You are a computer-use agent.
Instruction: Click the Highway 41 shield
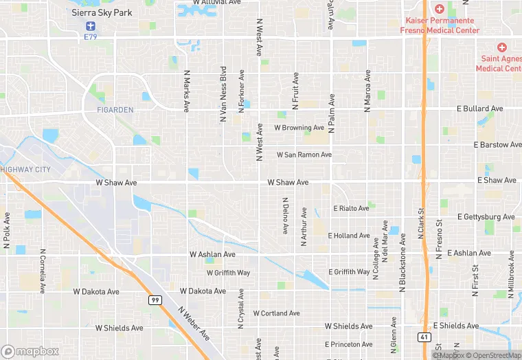pos(426,336)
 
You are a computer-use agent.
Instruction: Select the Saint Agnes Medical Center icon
pos(502,47)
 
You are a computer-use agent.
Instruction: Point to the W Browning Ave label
pos(299,128)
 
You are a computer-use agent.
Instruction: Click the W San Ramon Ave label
pos(304,155)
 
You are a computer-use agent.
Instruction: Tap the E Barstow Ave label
pos(498,145)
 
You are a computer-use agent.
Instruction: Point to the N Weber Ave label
pos(194,324)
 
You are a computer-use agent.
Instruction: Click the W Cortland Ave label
pos(276,313)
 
